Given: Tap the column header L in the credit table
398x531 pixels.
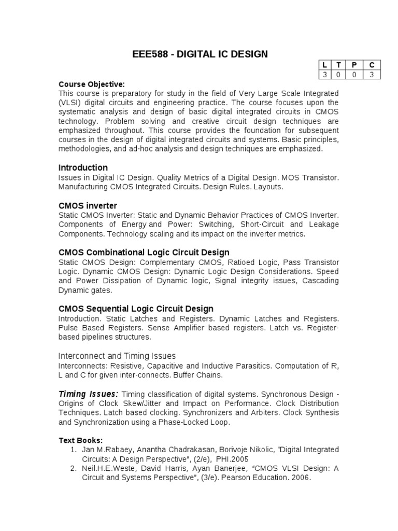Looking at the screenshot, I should tap(324, 65).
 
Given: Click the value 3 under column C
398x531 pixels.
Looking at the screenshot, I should tap(372, 74).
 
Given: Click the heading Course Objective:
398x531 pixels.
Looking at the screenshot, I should tap(92, 84).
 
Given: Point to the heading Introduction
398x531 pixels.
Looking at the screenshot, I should tap(83, 167).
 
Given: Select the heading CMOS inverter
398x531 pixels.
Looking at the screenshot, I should tap(88, 205).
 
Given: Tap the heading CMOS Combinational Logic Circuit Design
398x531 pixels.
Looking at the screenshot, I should tap(144, 252).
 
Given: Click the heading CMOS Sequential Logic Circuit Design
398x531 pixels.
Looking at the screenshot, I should tap(136, 309).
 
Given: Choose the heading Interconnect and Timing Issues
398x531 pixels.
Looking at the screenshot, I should tap(117, 356).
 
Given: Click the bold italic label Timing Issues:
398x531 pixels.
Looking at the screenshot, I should tap(88, 394).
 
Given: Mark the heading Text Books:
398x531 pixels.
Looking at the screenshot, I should tap(80, 440).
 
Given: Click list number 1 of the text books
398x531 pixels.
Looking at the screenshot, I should tap(74, 450).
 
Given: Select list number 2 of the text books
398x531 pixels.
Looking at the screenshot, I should tap(74, 468).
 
